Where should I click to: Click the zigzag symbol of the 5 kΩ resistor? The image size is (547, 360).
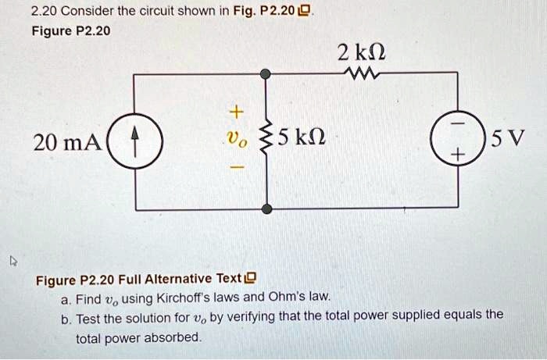click(266, 141)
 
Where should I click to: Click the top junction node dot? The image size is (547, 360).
click(266, 73)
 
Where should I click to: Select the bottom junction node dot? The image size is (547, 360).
click(266, 209)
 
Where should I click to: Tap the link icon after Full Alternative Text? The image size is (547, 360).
click(251, 279)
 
